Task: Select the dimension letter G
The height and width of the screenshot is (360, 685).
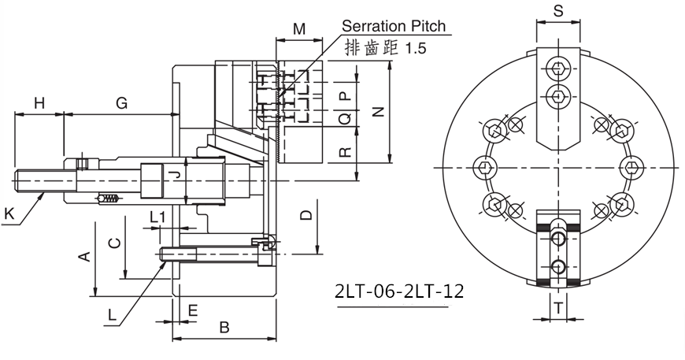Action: click(x=122, y=103)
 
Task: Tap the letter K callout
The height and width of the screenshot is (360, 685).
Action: click(x=9, y=212)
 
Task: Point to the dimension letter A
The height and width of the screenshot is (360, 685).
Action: click(x=82, y=257)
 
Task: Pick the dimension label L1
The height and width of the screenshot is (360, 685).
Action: click(x=157, y=216)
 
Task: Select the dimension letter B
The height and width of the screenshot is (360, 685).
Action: click(x=224, y=327)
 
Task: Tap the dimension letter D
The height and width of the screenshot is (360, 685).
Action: click(x=307, y=214)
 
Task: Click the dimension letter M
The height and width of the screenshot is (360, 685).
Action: click(x=299, y=29)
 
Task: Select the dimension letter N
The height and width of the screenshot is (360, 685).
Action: click(x=376, y=113)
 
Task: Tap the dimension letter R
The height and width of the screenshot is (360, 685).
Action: click(x=344, y=152)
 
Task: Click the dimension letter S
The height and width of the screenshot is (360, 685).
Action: click(x=557, y=12)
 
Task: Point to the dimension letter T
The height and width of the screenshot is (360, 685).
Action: click(x=557, y=309)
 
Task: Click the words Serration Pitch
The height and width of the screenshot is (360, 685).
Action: click(x=394, y=26)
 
